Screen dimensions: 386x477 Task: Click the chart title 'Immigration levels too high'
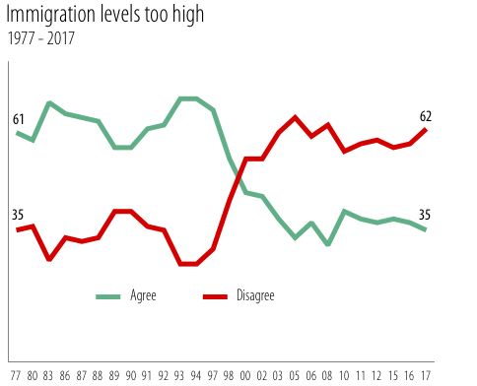pos(111,18)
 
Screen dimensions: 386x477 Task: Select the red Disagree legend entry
pos(237,295)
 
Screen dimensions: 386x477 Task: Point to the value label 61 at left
pos(19,119)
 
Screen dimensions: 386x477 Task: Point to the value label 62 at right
pos(426,116)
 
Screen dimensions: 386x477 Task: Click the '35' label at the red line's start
pos(19,215)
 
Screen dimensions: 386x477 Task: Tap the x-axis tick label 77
pos(17,375)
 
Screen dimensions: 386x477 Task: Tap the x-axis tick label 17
pos(426,375)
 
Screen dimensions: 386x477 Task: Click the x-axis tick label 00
pos(245,375)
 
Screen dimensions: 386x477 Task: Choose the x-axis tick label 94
pos(196,375)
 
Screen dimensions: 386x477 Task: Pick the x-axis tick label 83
pos(49,375)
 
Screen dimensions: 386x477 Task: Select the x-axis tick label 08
pos(327,375)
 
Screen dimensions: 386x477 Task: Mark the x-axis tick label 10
pos(344,375)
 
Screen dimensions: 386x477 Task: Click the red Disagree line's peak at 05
pos(295,117)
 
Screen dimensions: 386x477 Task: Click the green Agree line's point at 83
pos(49,102)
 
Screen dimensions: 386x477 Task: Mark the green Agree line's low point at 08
pos(327,243)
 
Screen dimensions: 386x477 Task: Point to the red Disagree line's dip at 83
pos(49,260)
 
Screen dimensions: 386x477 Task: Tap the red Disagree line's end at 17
pos(426,129)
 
